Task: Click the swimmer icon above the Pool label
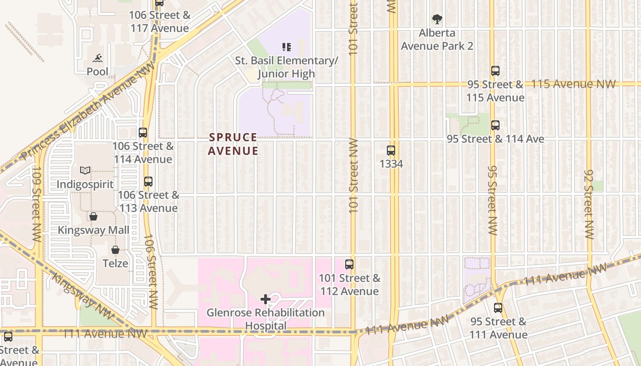98,58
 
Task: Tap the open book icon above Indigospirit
85,171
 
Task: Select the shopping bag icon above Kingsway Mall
93,216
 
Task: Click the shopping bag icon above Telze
115,250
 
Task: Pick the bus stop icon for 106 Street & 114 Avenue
143,133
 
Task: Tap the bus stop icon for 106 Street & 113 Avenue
148,181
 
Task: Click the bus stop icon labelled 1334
391,151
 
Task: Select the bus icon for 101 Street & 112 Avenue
349,264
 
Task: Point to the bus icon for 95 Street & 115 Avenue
495,71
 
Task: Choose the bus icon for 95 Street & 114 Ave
495,125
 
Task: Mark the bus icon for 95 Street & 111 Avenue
498,308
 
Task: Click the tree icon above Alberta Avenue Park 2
437,19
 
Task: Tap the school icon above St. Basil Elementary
287,47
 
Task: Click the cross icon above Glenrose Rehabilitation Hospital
266,299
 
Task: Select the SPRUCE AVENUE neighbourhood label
233,144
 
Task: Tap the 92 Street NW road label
589,204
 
